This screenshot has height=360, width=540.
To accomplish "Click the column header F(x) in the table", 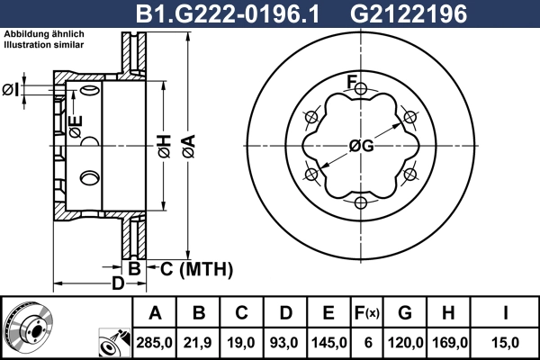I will tap(366, 313).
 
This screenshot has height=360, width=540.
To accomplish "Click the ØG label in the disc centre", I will tap(360, 144).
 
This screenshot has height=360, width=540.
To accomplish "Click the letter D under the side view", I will tap(118, 284).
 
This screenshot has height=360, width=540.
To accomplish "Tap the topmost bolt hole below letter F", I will tap(360, 90).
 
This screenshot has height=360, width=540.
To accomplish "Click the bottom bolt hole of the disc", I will tap(360, 202).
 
